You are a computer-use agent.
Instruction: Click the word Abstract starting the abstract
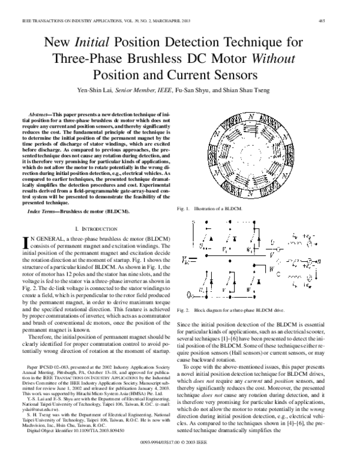pyautogui.click(x=41, y=113)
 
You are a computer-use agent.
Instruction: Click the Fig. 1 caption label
pyautogui.click(x=184, y=208)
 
